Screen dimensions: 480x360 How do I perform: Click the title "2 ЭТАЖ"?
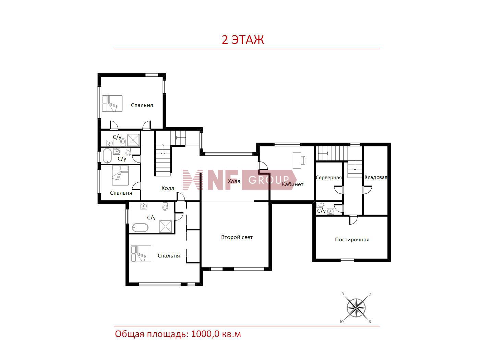click(242, 40)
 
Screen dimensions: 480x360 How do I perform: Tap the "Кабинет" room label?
click(292, 184)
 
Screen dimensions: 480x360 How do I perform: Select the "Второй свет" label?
click(237, 237)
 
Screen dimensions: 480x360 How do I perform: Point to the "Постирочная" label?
click(352, 240)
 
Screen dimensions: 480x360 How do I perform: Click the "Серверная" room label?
click(328, 178)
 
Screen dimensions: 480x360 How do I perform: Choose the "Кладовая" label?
click(376, 178)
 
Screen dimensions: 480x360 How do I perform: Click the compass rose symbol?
click(356, 308)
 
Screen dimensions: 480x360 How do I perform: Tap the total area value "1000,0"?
click(205, 334)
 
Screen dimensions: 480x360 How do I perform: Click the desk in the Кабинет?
click(299, 160)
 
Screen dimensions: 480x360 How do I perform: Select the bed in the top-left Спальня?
click(112, 104)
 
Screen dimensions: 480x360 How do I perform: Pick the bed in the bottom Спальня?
click(141, 254)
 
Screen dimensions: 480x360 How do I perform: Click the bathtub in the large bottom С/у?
click(140, 228)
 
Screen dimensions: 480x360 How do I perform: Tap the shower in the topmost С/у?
click(133, 140)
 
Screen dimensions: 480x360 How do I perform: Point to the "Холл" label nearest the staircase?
click(168, 188)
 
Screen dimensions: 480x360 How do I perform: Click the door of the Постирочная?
click(353, 219)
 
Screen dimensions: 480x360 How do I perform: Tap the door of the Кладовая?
click(367, 190)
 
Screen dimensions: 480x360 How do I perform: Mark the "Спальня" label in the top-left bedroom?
click(142, 105)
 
